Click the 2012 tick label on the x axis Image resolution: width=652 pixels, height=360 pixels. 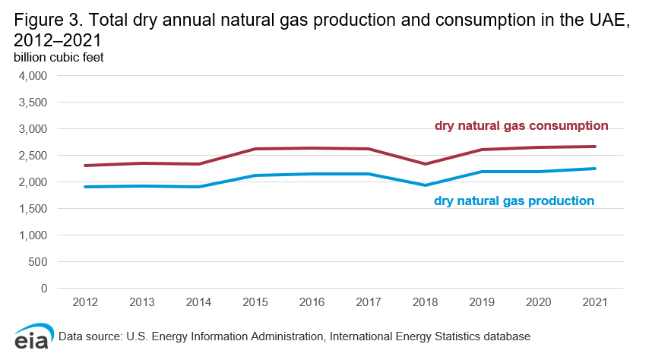click(85, 302)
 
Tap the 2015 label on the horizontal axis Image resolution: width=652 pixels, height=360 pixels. click(255, 302)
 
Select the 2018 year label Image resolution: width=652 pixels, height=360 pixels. click(425, 302)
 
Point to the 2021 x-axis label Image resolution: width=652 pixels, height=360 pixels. click(594, 302)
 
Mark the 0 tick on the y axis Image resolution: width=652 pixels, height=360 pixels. click(44, 289)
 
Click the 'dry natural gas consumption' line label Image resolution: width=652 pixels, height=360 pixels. click(521, 125)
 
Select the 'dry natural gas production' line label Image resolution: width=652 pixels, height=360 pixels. click(514, 201)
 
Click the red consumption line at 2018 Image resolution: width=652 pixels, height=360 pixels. click(425, 164)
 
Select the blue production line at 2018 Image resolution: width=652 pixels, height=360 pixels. click(425, 185)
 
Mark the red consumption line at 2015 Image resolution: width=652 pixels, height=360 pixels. click(255, 149)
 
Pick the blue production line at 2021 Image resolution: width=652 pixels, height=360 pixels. click(594, 169)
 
